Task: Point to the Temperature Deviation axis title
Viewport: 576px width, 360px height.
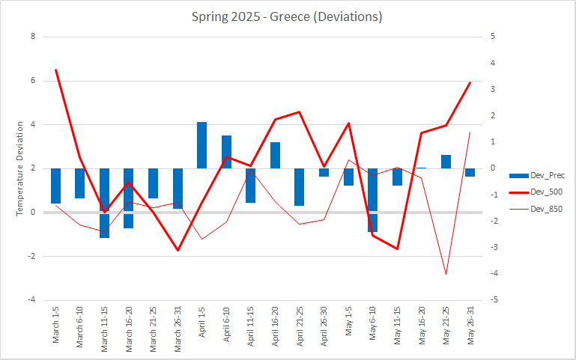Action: coord(21,168)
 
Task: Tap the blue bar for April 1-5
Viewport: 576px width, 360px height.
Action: coord(202,145)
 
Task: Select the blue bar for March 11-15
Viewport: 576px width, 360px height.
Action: coord(105,203)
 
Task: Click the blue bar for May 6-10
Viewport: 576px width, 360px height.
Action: coord(373,200)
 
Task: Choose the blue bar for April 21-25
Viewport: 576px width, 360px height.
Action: coord(300,186)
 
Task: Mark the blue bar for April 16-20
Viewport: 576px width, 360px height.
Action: coord(275,156)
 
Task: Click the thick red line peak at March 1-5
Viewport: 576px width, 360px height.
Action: coord(56,70)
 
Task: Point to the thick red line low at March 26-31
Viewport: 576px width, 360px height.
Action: coord(178,250)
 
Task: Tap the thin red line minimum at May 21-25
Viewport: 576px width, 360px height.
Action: coord(446,274)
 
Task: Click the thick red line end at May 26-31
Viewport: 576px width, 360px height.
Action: coord(470,83)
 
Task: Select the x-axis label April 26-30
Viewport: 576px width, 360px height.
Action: coord(324,327)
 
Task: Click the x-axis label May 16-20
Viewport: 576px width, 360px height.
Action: coord(422,327)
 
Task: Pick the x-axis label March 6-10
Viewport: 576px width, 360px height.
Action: coord(80,327)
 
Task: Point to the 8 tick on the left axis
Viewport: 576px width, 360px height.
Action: coord(33,36)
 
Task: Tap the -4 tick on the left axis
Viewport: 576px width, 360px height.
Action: coord(31,300)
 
